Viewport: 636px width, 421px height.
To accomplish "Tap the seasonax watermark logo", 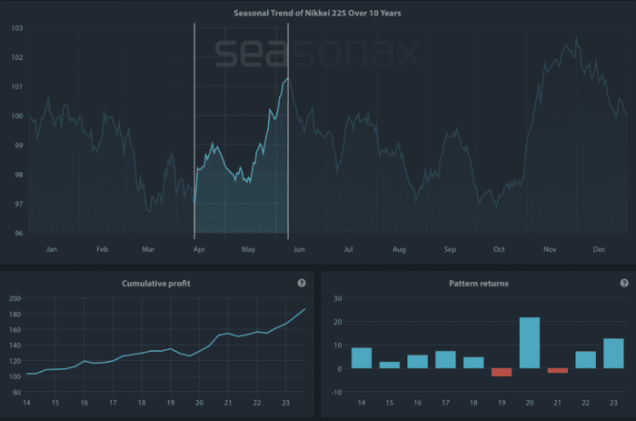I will click(317, 54).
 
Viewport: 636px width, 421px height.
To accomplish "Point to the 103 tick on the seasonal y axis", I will click(17, 28).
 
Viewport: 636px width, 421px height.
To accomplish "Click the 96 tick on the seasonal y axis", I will click(17, 234).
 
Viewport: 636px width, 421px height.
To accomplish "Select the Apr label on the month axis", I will click(199, 248).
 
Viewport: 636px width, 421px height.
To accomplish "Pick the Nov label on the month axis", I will click(549, 248).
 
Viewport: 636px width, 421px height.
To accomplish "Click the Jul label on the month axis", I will click(348, 248).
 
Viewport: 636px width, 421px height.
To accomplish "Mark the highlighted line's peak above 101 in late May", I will click(286, 80).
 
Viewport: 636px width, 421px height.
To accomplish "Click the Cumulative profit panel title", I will click(156, 284).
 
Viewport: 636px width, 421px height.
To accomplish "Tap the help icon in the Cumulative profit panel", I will click(302, 284).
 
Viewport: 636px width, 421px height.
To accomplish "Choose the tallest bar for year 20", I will click(530, 343).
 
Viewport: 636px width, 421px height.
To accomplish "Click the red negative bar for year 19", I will click(502, 372).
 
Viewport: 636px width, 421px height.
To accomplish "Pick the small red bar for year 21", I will click(557, 370).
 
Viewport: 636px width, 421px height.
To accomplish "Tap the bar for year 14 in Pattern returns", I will click(361, 358).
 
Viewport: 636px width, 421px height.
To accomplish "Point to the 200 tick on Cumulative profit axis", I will click(15, 298).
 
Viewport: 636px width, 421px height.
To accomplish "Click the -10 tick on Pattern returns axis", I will click(336, 392).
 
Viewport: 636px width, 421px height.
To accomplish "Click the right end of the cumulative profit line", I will click(304, 309).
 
